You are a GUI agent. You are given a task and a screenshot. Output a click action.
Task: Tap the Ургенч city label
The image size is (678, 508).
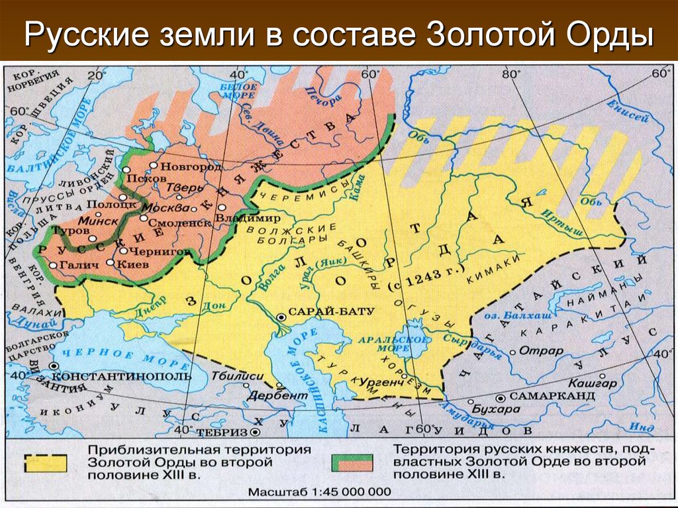(x=381, y=382)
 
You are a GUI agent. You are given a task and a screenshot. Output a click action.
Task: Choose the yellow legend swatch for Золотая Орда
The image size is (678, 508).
(x=46, y=461)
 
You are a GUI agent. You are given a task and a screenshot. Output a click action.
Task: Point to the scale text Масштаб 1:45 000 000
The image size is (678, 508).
(x=319, y=493)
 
